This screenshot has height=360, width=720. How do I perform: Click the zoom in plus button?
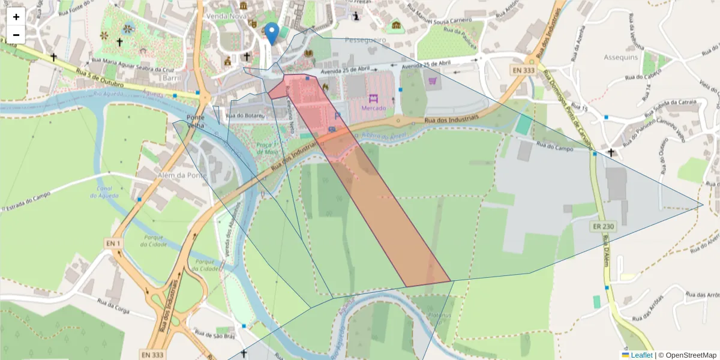16,17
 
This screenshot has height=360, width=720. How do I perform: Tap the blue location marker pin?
272,33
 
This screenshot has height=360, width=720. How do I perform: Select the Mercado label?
373,108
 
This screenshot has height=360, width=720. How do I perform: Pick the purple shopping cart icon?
433,80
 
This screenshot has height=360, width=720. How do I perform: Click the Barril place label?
172,78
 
